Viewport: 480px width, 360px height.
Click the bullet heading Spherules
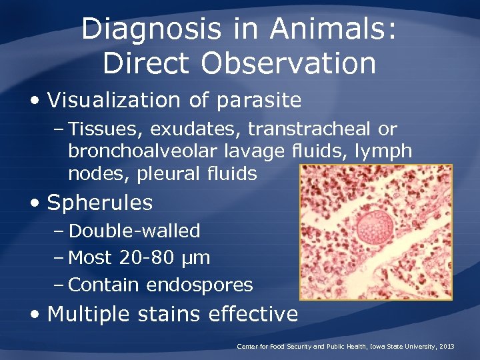(100, 203)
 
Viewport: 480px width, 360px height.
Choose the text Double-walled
(135, 231)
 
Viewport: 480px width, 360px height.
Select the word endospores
(199, 285)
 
